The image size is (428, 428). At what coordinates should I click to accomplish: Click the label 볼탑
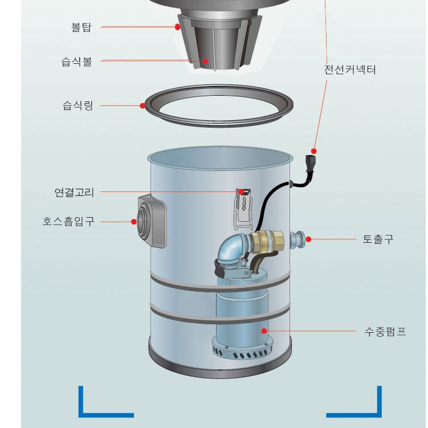[81, 27]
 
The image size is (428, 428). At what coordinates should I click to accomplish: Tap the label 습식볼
[77, 62]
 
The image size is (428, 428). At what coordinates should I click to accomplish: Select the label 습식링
[78, 105]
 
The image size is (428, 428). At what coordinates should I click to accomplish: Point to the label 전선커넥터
[350, 70]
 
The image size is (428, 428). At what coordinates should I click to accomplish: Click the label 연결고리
[74, 192]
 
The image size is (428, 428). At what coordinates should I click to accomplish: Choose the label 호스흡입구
[68, 221]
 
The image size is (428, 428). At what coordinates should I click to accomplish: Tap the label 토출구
[378, 239]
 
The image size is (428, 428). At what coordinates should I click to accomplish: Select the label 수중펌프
[385, 332]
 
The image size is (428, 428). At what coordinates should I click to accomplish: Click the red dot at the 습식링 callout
[142, 105]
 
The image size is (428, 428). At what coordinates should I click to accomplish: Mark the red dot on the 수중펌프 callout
[264, 331]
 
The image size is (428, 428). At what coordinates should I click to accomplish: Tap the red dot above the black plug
[314, 151]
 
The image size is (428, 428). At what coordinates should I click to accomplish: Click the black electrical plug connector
[310, 164]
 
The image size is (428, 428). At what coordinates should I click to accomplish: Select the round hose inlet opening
[143, 221]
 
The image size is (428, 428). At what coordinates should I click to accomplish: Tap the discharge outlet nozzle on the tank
[297, 240]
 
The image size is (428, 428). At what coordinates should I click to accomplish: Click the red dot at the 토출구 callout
[308, 239]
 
